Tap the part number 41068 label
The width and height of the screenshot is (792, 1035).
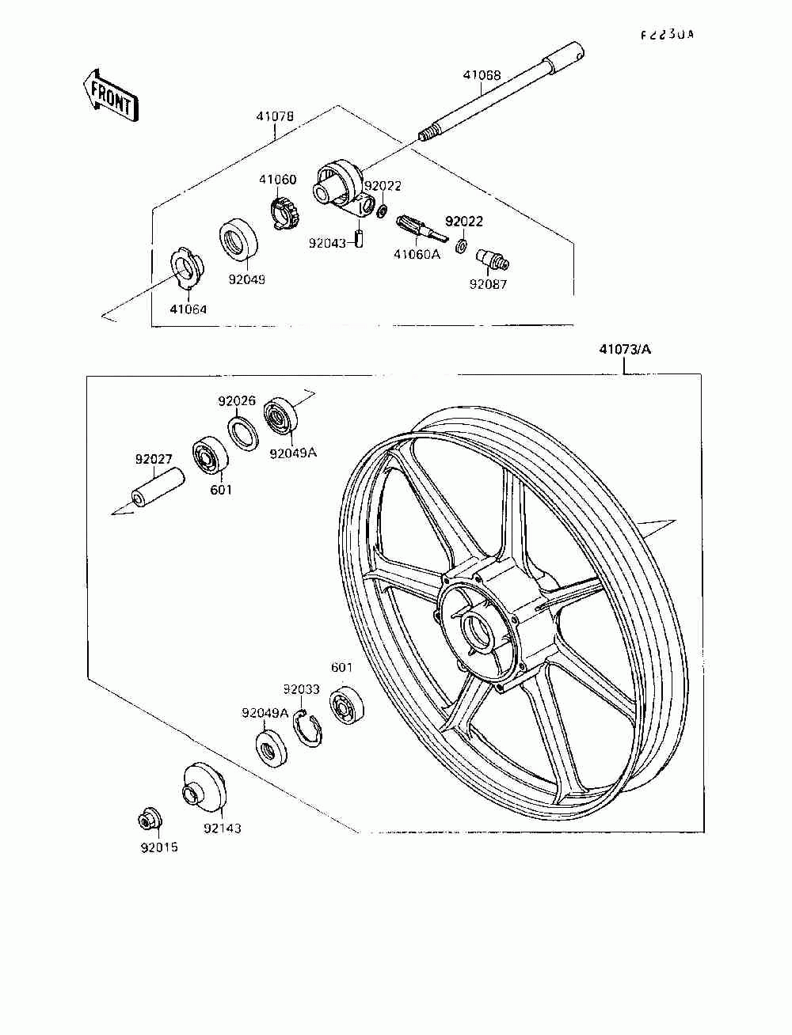click(x=482, y=76)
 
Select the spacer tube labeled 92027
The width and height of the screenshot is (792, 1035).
click(x=157, y=489)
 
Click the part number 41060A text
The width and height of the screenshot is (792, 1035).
click(x=417, y=254)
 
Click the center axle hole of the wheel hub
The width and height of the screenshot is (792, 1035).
click(x=478, y=630)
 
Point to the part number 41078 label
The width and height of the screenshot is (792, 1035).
click(x=275, y=116)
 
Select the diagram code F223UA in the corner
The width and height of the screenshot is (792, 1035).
click(x=667, y=35)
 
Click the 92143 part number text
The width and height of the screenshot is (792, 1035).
click(x=222, y=828)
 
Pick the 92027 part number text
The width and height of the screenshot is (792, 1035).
click(x=154, y=459)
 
